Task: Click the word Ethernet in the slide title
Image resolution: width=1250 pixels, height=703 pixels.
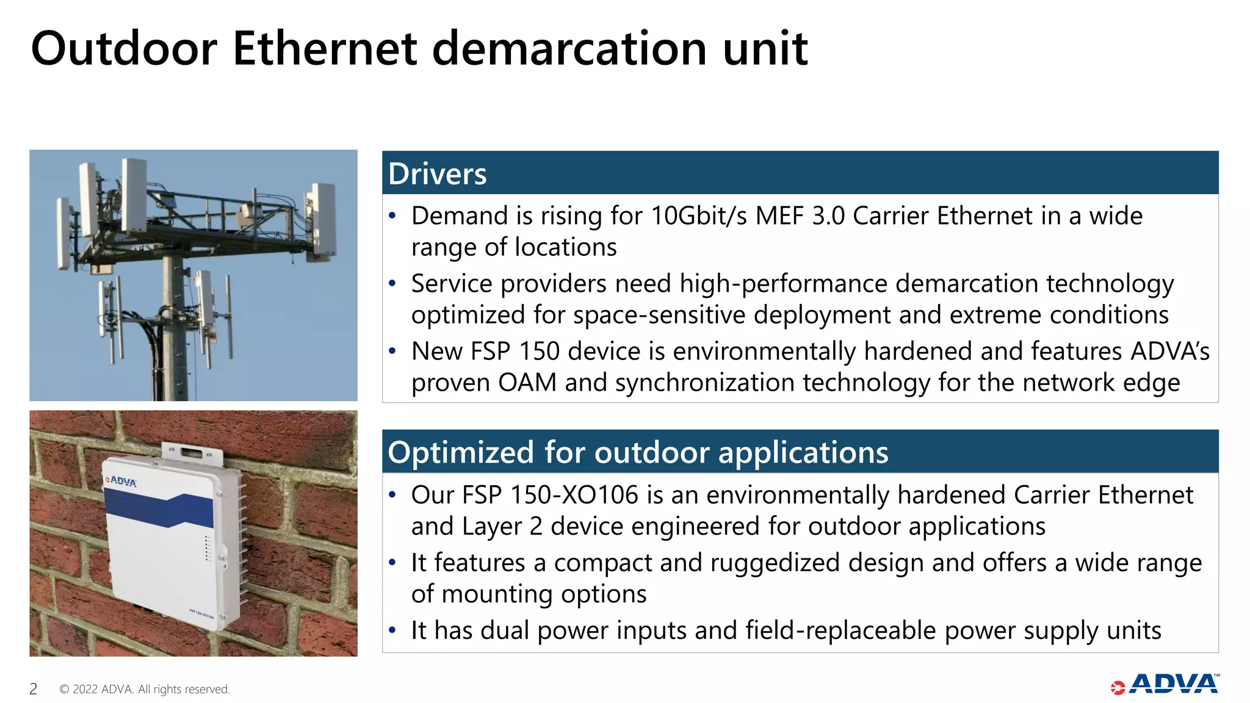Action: tap(325, 49)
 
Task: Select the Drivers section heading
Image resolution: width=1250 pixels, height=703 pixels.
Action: tap(437, 174)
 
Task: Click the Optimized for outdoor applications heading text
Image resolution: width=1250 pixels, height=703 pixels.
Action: tap(638, 453)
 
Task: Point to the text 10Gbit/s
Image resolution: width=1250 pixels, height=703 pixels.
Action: tap(698, 216)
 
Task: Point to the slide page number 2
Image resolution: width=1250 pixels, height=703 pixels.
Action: tap(34, 689)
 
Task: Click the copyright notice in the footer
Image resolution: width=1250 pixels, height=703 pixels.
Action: tap(145, 689)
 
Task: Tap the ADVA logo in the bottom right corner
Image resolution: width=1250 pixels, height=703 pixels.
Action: tap(1165, 685)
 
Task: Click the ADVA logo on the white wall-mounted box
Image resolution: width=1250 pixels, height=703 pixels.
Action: tap(121, 481)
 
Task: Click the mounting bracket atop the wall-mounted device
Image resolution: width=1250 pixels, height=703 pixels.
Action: tap(191, 452)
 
